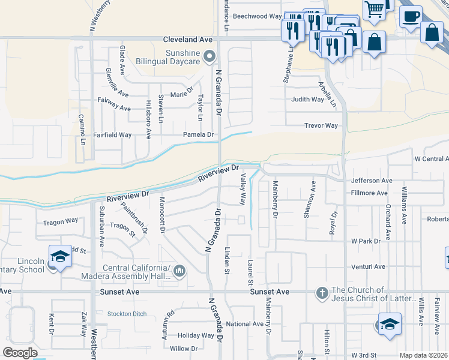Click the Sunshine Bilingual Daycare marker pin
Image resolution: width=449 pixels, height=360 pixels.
(x=209, y=57)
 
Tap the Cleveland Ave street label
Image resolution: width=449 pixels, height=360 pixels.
(x=188, y=39)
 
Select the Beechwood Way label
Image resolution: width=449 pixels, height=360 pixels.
(x=257, y=16)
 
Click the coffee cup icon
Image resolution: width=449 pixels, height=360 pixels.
(x=411, y=17)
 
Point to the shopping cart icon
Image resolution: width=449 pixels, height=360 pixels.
(x=374, y=10)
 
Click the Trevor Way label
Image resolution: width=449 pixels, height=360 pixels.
(x=321, y=126)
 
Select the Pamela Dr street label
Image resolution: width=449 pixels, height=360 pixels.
(x=198, y=135)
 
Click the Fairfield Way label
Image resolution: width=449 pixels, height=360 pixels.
(x=112, y=135)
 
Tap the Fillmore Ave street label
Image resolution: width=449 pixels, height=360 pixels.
(x=369, y=193)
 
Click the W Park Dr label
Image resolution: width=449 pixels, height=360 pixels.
(x=366, y=241)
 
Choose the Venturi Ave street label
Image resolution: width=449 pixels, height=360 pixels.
(x=369, y=266)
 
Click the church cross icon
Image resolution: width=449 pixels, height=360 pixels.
(x=322, y=293)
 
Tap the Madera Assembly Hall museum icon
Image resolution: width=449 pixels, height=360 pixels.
(x=179, y=272)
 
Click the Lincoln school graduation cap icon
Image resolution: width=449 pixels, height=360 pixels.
(x=60, y=256)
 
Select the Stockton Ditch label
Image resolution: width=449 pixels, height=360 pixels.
(x=127, y=313)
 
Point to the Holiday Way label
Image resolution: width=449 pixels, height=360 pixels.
(x=196, y=335)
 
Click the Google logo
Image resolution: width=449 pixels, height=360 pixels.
(x=20, y=353)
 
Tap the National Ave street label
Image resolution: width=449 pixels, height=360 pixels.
(x=245, y=324)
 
